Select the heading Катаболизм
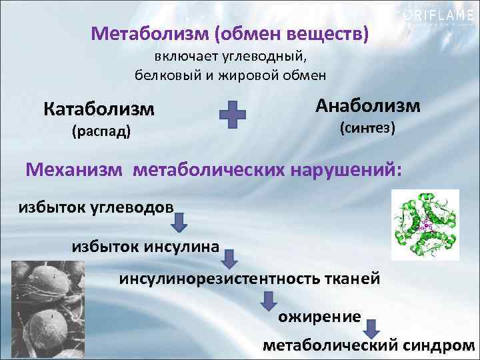click(99, 109)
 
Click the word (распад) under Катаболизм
click(101, 131)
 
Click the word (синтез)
click(368, 127)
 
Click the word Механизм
click(74, 169)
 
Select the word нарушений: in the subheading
click(346, 169)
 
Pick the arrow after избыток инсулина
click(231, 257)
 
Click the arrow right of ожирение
click(373, 327)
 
